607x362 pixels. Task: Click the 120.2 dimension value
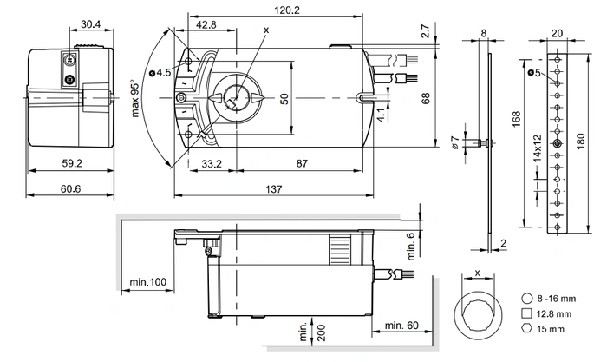[x=287, y=10]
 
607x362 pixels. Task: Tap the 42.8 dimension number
[x=206, y=25]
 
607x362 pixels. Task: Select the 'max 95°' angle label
[x=134, y=99]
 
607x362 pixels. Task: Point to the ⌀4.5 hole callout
[x=160, y=72]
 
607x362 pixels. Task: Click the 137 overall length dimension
[x=274, y=189]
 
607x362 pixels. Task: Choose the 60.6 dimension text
[x=70, y=188]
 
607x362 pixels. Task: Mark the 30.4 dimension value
[x=90, y=24]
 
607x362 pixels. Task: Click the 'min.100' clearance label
[x=148, y=282]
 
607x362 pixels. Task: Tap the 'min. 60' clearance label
[x=401, y=326]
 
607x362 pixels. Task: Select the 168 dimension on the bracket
[x=517, y=119]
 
